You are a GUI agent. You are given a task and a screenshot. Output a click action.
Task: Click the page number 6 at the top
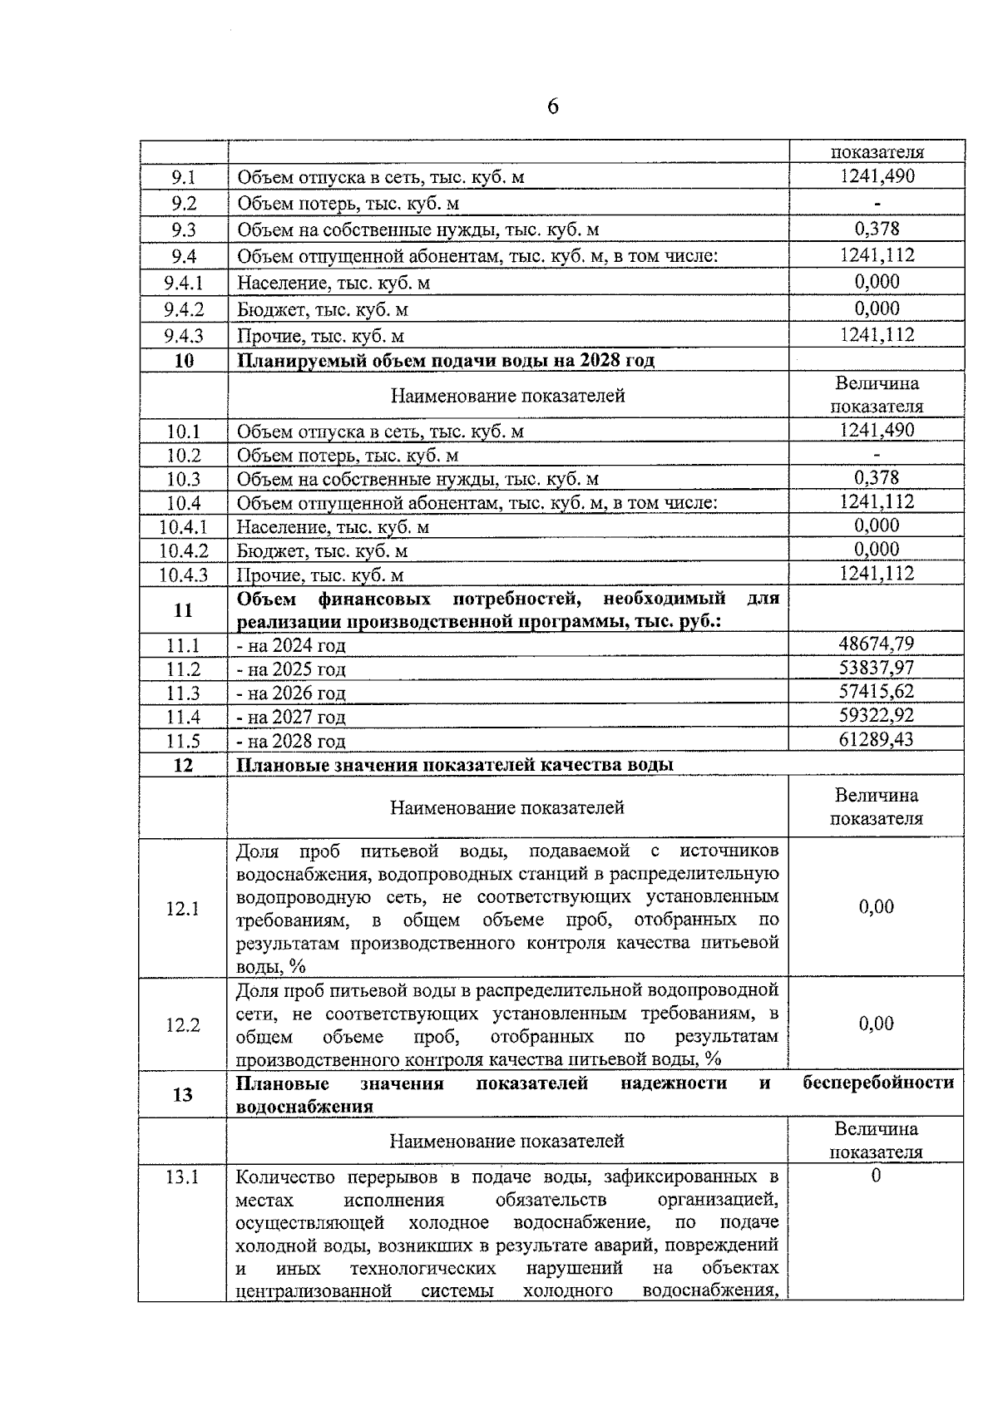tap(553, 107)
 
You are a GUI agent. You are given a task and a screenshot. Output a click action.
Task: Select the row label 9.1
tap(183, 177)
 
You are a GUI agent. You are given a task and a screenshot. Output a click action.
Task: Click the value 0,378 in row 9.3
tap(877, 229)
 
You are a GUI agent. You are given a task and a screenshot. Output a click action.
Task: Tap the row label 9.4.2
tap(183, 309)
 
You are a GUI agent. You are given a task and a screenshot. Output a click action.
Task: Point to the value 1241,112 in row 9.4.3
tap(877, 335)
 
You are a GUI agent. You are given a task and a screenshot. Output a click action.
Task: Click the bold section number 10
tap(183, 361)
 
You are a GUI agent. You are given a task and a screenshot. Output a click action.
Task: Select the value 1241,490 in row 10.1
tap(877, 430)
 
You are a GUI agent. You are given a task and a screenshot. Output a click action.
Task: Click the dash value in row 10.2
tap(877, 455)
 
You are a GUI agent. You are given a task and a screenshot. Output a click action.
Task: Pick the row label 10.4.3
tap(183, 575)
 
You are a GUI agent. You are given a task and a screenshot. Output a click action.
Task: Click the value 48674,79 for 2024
tap(877, 644)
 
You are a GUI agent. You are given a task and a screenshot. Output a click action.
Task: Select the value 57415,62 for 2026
tap(877, 692)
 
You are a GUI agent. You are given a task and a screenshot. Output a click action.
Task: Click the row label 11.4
tap(183, 717)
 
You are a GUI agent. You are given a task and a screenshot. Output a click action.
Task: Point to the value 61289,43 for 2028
tap(877, 739)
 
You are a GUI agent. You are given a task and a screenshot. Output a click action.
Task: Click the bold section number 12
tap(183, 765)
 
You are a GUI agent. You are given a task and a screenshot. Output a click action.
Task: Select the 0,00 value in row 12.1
tap(877, 907)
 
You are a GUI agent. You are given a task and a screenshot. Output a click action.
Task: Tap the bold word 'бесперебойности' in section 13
tap(879, 1083)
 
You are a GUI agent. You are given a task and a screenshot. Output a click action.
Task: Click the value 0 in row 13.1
tap(876, 1176)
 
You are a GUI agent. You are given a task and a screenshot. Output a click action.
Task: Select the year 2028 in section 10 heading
tap(600, 361)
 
